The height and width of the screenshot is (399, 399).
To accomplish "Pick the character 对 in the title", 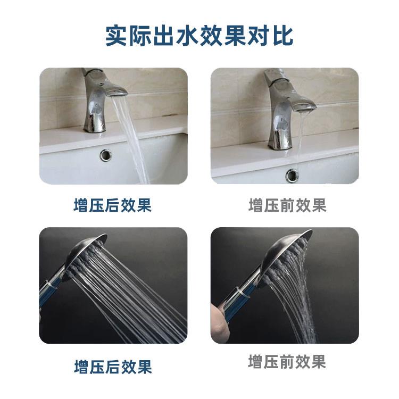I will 254,35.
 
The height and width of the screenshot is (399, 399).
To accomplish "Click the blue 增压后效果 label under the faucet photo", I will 112,205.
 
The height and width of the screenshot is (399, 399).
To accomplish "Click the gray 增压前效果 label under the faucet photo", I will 287,205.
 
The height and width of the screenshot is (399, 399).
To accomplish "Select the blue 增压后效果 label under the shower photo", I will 112,367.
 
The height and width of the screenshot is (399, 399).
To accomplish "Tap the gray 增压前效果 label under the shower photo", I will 287,362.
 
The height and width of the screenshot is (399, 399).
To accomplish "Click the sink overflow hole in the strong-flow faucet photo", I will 106,155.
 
